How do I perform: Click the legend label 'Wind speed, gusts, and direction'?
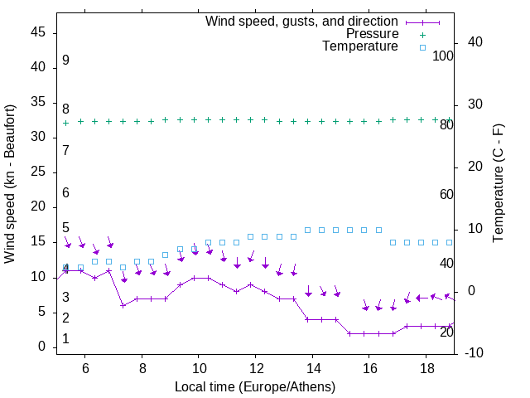pos(301,21)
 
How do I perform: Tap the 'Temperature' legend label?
pos(360,46)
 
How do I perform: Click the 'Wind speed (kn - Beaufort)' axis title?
pos(10,184)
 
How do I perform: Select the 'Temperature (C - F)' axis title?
pos(498,184)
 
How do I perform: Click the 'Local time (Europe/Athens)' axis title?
pos(255,387)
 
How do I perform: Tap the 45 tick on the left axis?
pos(38,32)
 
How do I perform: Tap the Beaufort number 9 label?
pos(65,61)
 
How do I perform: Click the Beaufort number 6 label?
pos(65,192)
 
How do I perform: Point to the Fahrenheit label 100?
pos(443,56)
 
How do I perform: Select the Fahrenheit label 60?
pos(446,194)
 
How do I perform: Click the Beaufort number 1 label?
pos(65,339)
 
